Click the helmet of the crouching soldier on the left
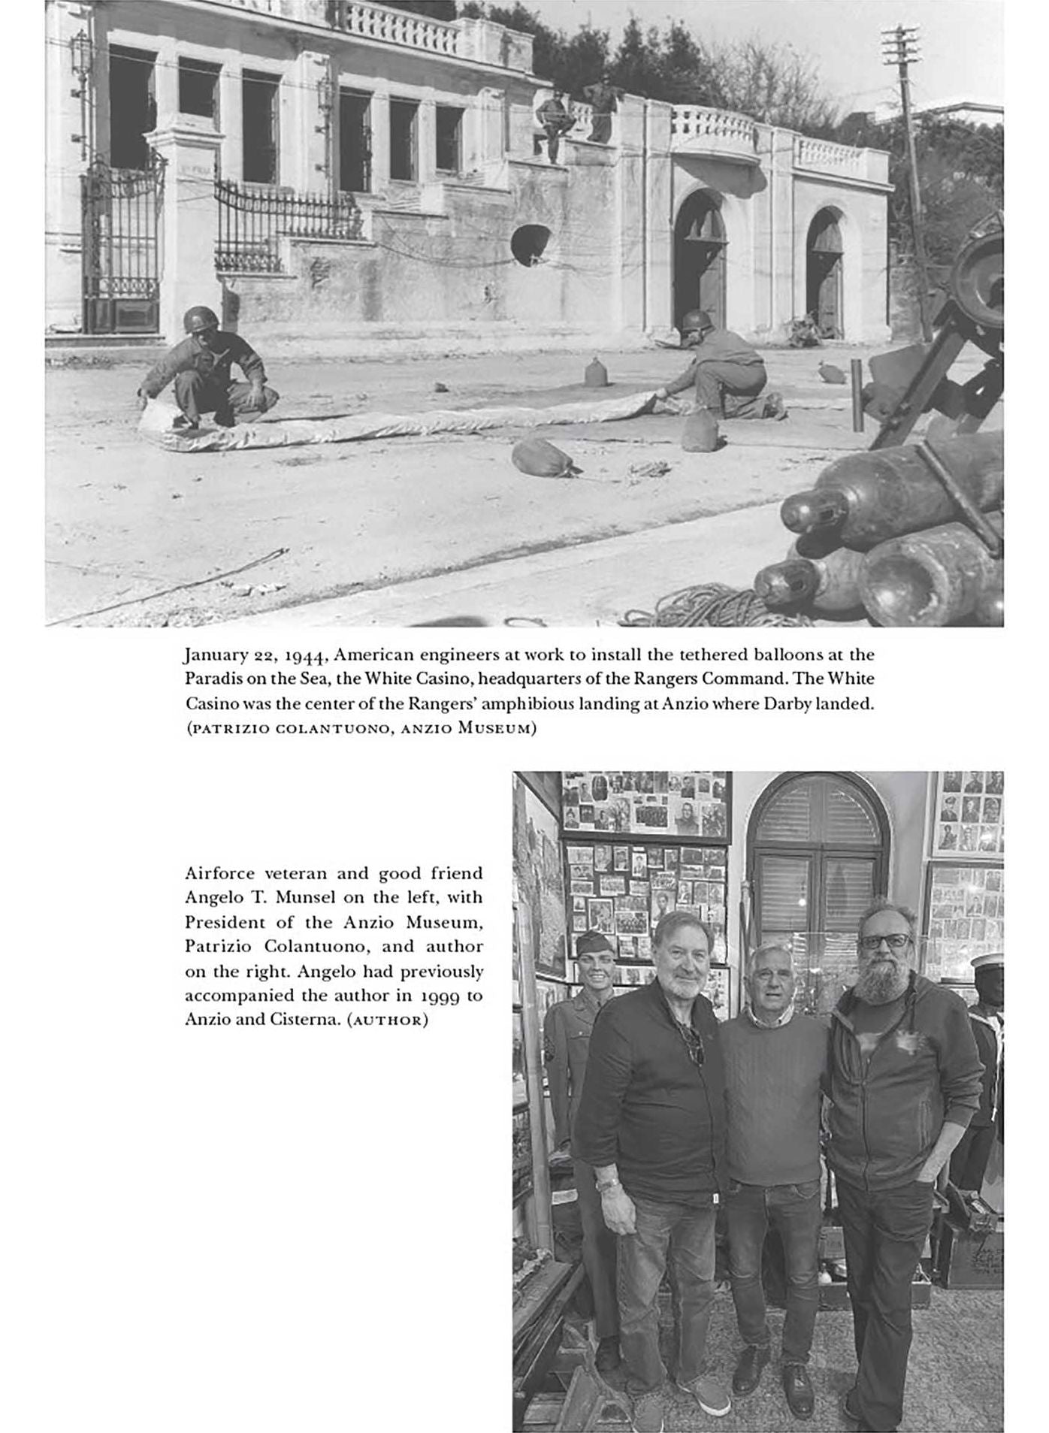[199, 319]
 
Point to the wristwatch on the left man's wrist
[606, 1184]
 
